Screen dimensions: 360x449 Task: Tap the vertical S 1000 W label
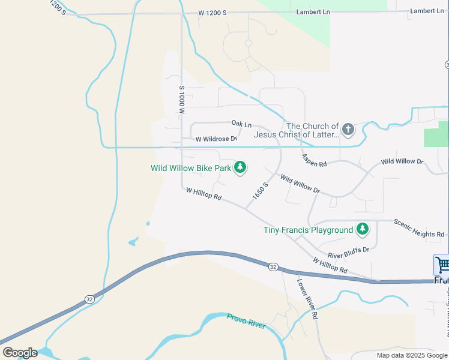click(x=181, y=100)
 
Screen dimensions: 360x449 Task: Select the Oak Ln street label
click(x=241, y=123)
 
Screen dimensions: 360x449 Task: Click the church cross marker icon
click(x=348, y=130)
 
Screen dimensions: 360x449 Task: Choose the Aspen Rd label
click(x=314, y=160)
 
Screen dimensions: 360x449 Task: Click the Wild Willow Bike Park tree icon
click(x=240, y=167)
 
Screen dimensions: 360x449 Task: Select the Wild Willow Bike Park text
click(x=191, y=168)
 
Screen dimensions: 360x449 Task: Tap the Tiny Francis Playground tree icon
click(x=362, y=229)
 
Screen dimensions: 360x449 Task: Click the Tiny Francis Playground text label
click(x=308, y=230)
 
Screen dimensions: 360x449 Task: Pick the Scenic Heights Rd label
click(x=419, y=228)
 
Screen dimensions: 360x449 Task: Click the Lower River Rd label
click(x=307, y=298)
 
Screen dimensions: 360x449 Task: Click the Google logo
click(x=19, y=352)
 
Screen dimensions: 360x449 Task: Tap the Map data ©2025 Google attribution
click(x=412, y=355)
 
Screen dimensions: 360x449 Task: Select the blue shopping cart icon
click(x=442, y=265)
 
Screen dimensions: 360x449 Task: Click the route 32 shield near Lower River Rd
click(x=273, y=266)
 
